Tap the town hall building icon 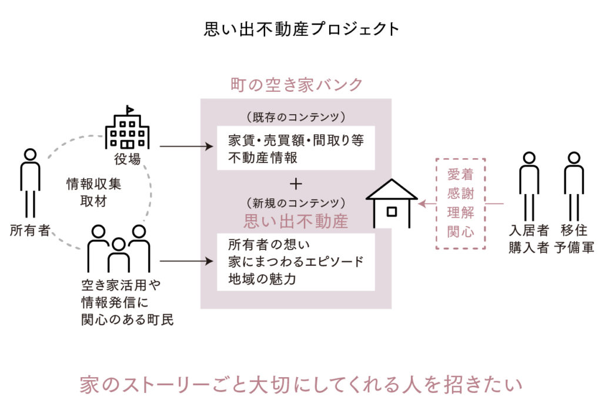[x=126, y=128]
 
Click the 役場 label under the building [x=126, y=159]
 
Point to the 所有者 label [x=30, y=230]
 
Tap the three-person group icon [x=119, y=247]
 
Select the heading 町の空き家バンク [x=296, y=85]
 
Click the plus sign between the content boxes [x=296, y=184]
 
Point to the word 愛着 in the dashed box [x=460, y=174]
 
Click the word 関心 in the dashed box [x=460, y=231]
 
